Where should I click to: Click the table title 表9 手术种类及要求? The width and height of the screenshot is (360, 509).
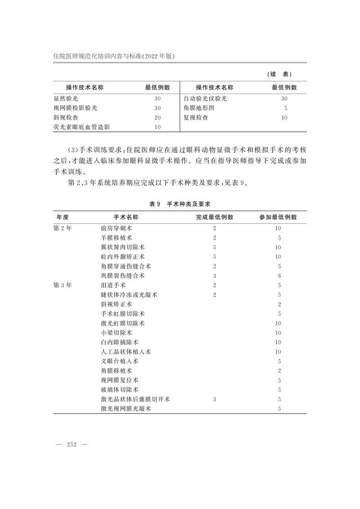pyautogui.click(x=180, y=204)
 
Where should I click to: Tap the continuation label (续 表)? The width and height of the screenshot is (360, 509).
pyautogui.click(x=282, y=74)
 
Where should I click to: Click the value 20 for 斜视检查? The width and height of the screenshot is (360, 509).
pyautogui.click(x=157, y=117)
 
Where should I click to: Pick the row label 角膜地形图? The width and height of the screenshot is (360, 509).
pyautogui.click(x=199, y=108)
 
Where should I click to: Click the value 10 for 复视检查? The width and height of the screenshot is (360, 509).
pyautogui.click(x=284, y=117)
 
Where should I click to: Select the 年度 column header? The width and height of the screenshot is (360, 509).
pyautogui.click(x=63, y=217)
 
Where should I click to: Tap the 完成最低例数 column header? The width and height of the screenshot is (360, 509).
pyautogui.click(x=215, y=217)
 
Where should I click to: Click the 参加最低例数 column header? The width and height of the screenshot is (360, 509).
pyautogui.click(x=278, y=217)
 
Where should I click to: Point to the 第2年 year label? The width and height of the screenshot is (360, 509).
pyautogui.click(x=63, y=228)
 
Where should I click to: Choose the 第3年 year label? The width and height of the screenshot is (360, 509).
pyautogui.click(x=63, y=285)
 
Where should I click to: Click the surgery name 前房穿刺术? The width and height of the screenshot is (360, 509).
pyautogui.click(x=117, y=228)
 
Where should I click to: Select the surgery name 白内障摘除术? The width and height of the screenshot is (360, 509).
pyautogui.click(x=117, y=342)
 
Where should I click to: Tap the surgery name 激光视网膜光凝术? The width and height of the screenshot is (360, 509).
pyautogui.click(x=126, y=409)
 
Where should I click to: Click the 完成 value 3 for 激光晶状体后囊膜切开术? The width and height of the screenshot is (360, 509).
pyautogui.click(x=215, y=399)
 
